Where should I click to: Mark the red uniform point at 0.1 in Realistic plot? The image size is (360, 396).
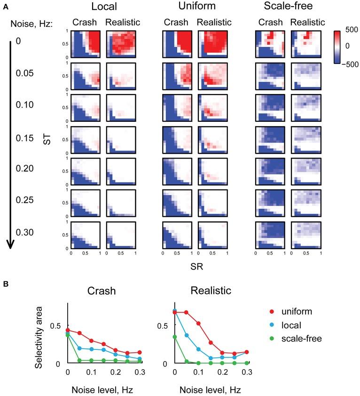(198, 324)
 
